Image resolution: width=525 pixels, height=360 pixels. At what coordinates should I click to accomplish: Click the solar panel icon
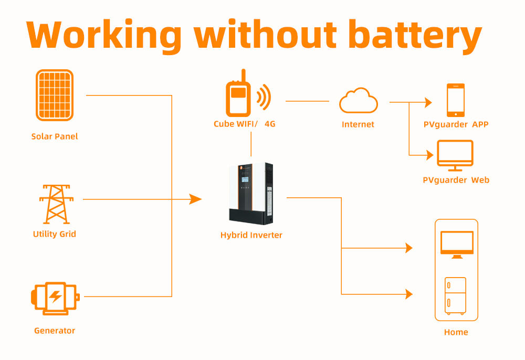point(55,96)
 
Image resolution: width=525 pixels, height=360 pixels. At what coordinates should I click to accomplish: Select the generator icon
point(55,297)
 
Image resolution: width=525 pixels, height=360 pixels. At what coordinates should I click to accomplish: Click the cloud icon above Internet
point(358,101)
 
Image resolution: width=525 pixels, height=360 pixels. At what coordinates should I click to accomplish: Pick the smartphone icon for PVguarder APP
point(455,100)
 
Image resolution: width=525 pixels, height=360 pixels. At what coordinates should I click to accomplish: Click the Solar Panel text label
point(55,136)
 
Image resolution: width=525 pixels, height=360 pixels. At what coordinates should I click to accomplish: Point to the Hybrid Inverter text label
point(251,235)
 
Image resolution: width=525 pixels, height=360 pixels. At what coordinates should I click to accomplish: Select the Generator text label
point(55,331)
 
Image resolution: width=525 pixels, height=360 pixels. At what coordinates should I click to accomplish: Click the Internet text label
point(358,124)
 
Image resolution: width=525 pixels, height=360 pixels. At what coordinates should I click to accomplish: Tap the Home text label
point(456,332)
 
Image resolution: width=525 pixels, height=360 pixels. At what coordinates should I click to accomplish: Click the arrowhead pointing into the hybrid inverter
point(195,199)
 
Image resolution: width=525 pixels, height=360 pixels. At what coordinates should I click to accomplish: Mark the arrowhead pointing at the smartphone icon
point(428,103)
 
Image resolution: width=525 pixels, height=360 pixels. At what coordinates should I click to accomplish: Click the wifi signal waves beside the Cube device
point(264,97)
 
